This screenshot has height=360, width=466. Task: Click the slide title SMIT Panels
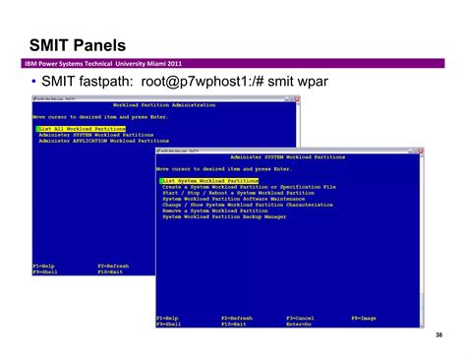coord(76,44)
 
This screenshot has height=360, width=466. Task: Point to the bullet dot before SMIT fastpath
coord(34,82)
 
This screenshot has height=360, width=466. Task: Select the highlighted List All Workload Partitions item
coord(82,129)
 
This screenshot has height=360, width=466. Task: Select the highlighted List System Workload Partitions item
coord(210,181)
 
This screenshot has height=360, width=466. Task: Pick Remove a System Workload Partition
coord(215,210)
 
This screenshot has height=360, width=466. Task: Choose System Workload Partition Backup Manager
coord(225,215)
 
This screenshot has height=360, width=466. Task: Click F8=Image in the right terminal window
coord(364,318)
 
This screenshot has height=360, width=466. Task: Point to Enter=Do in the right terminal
coord(300,324)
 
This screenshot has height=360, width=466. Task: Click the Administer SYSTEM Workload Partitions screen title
coord(287,157)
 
